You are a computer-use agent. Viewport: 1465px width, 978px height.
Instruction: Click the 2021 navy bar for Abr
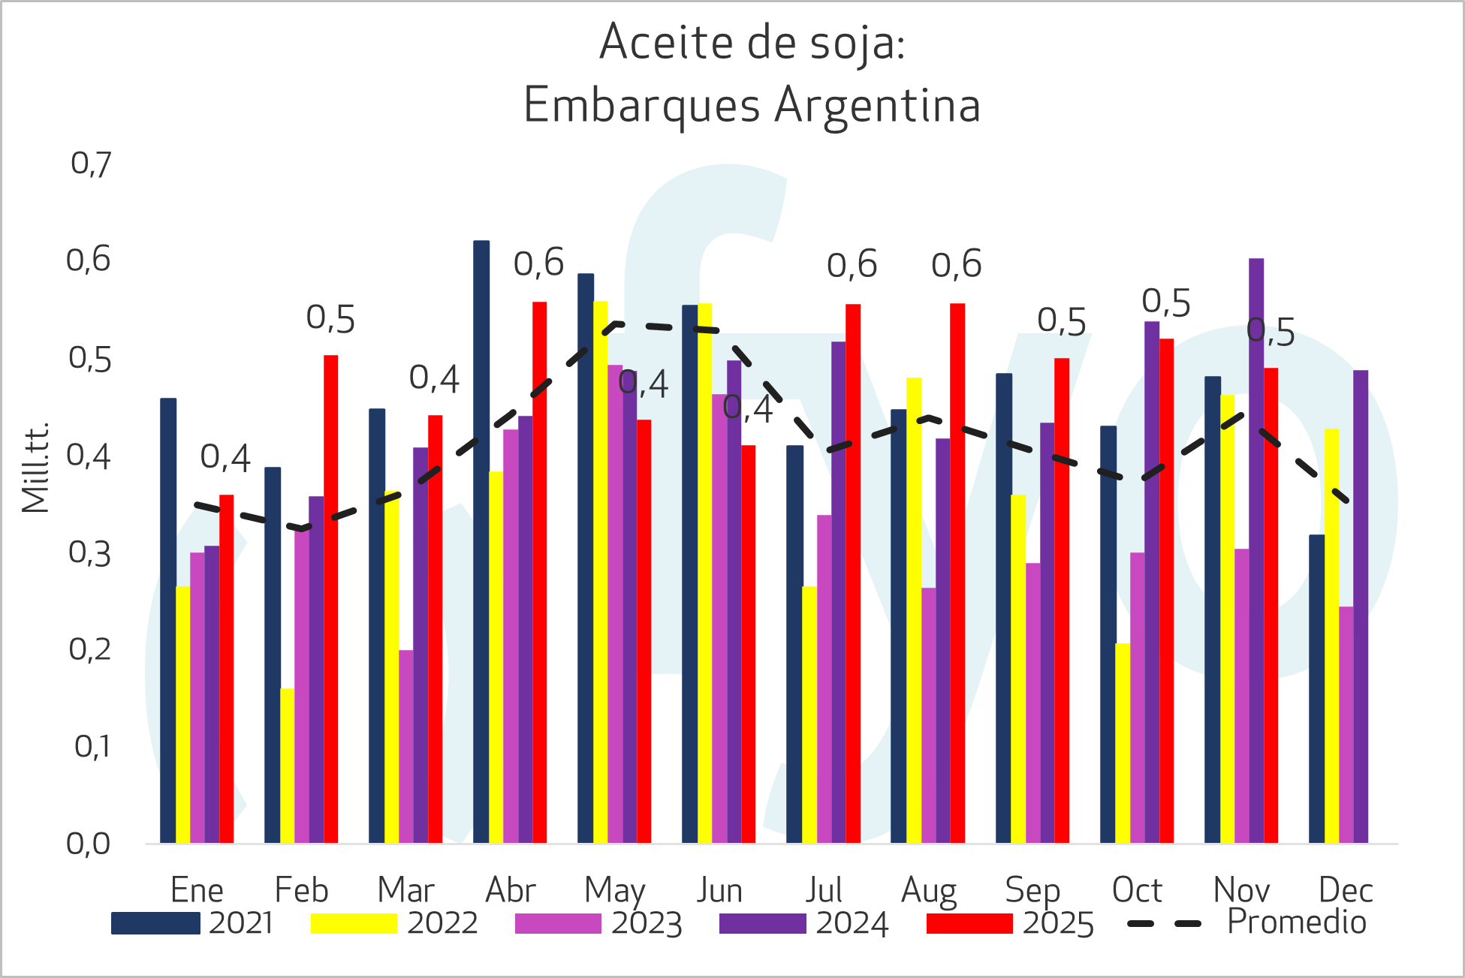[481, 540]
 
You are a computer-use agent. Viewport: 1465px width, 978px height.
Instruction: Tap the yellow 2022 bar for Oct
[1122, 743]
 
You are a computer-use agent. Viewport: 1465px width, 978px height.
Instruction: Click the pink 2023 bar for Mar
[405, 746]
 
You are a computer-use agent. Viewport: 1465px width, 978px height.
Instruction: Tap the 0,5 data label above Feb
[330, 319]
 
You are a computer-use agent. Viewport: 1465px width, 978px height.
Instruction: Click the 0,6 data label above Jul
[852, 265]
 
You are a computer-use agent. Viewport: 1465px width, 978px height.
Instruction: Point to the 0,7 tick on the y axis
[91, 164]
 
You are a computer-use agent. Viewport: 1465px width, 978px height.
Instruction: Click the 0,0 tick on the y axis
[89, 844]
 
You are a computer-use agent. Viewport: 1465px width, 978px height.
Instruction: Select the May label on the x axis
[614, 891]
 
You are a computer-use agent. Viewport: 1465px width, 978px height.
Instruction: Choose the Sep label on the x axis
[1032, 891]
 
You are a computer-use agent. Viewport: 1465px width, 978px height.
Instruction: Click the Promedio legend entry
[1295, 922]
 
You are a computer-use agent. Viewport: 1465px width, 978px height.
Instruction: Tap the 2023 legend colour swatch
[558, 923]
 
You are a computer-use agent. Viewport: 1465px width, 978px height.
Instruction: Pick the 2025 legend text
[1058, 923]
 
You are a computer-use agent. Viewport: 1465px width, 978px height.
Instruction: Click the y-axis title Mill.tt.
[35, 467]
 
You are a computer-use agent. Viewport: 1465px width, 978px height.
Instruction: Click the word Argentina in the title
[877, 105]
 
